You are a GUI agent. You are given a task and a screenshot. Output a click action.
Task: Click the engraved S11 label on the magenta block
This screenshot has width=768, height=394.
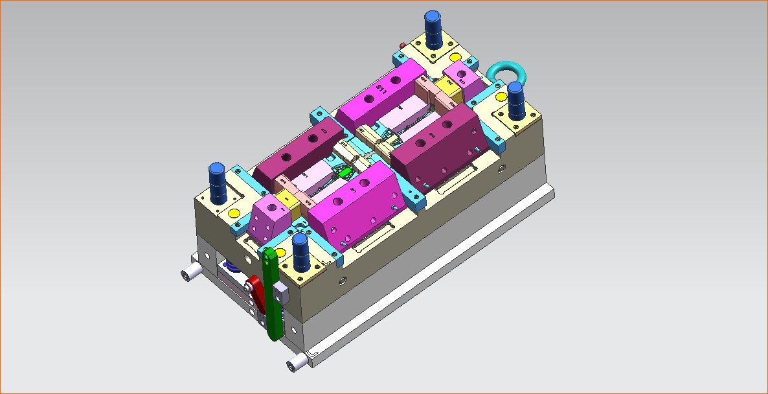(x=382, y=89)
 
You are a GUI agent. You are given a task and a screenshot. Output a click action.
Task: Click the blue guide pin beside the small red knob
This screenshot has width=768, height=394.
(x=433, y=29)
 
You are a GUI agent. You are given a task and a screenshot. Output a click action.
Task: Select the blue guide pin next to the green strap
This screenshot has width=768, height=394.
(x=300, y=252)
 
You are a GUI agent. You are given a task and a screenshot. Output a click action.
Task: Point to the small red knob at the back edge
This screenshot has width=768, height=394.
(x=404, y=45)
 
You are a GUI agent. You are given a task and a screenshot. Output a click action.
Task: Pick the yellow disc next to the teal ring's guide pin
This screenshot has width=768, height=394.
(x=500, y=97)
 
